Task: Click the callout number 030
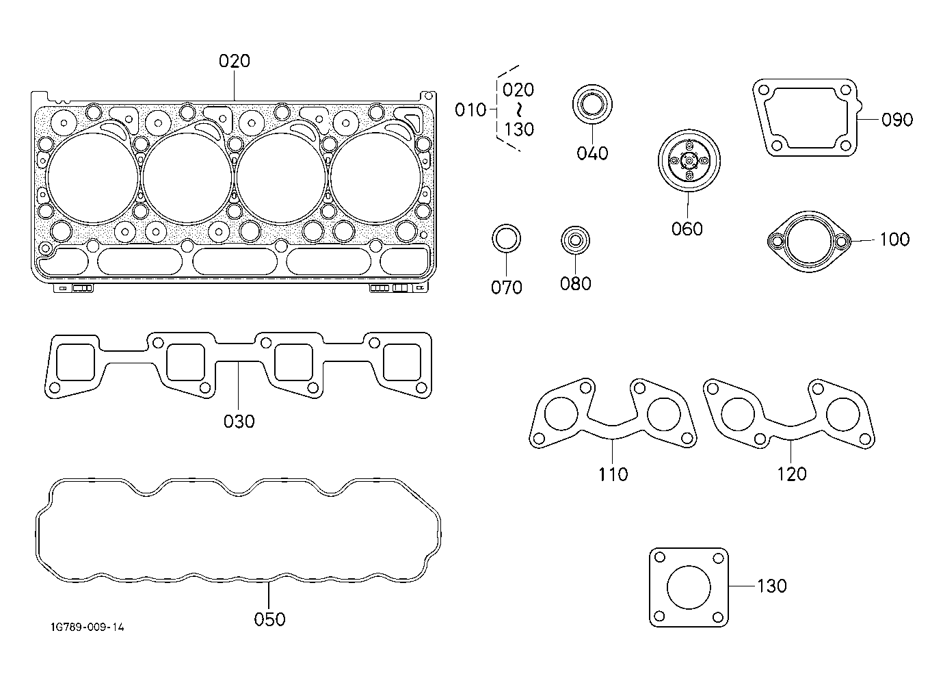pos(239,422)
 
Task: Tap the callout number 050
pos(269,619)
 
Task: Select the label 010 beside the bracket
pos(470,110)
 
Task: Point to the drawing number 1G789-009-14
pos(88,628)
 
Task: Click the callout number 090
pos(897,120)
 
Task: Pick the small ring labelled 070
pos(507,238)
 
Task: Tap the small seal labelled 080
pos(576,241)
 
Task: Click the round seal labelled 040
pos(592,104)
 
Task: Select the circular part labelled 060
pos(689,161)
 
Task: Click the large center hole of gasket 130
pos(689,587)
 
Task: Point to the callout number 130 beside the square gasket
pos(771,586)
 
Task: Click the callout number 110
pos(613,474)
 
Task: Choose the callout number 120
pos(791,474)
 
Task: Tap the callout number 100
pos(894,240)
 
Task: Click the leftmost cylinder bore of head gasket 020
pos(93,178)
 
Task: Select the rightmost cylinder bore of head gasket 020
pos(375,178)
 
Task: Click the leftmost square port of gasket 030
pos(75,362)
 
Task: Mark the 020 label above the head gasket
pos(235,61)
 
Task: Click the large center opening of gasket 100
pos(809,242)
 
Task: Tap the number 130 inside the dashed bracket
pos(519,129)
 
